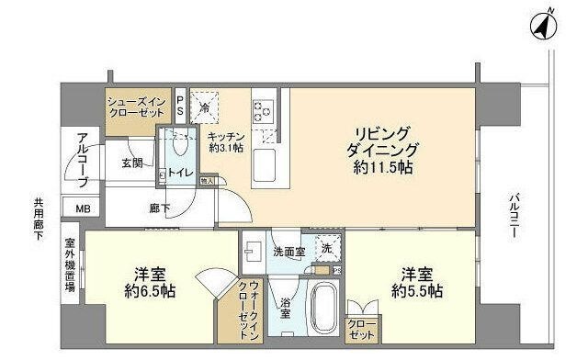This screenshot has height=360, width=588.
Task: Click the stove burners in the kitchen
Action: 263,111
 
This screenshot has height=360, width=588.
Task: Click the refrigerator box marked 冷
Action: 207,106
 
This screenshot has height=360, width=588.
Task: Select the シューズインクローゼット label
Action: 136,107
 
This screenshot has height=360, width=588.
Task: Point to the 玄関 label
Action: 131,163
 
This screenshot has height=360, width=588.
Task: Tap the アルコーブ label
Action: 82,162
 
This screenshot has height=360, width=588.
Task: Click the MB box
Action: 83,208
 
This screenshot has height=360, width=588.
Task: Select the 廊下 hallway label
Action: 160,208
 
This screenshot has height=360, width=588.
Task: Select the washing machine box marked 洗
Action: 326,247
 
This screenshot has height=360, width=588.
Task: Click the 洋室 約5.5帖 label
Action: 422,283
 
